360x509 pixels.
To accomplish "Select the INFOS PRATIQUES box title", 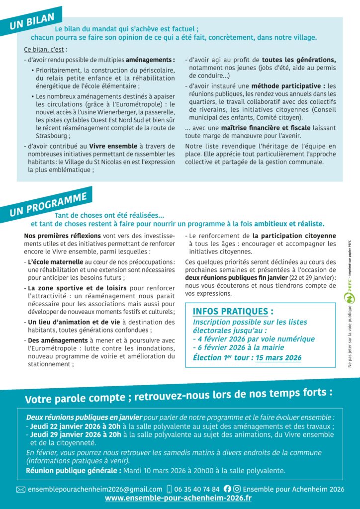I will (x=233, y=312).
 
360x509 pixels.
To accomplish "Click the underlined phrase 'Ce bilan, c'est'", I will (x=45, y=50).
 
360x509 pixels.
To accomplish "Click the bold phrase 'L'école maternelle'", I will (x=55, y=261).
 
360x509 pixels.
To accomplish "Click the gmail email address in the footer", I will (x=95, y=489).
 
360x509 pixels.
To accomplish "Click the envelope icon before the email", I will (x=20, y=490).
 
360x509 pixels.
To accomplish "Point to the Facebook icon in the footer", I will (x=228, y=489).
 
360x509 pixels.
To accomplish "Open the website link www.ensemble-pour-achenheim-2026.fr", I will (x=178, y=498).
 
